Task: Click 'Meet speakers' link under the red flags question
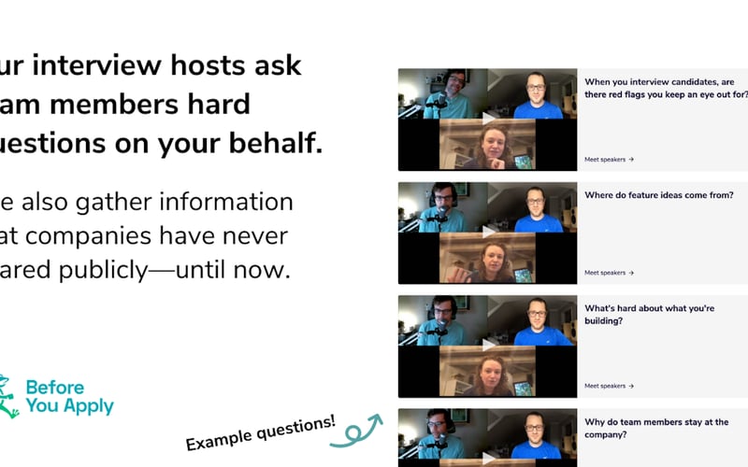point(609,159)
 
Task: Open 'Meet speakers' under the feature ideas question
point(609,273)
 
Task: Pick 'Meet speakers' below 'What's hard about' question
point(609,386)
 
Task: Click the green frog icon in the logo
point(8,396)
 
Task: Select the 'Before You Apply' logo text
point(70,397)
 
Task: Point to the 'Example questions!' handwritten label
point(261,432)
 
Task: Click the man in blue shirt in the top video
point(534,96)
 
